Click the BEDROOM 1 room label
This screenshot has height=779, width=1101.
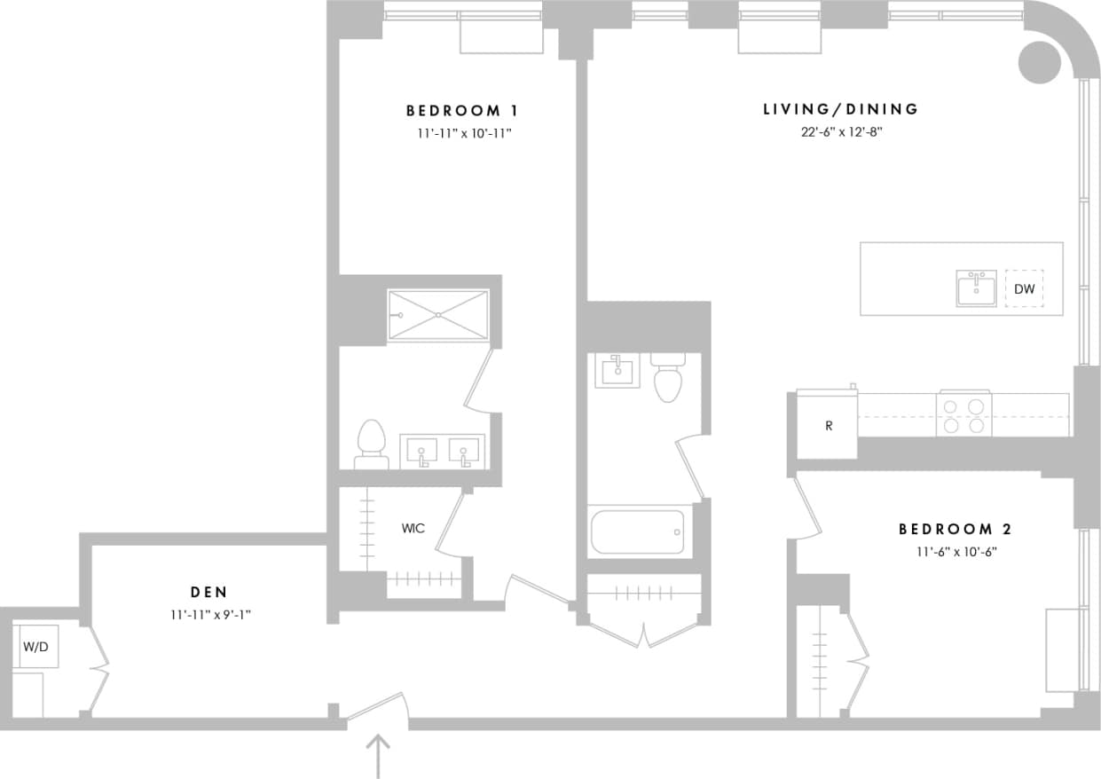tap(461, 111)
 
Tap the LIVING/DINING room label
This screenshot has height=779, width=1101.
tap(840, 109)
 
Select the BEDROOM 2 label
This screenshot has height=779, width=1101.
tap(955, 530)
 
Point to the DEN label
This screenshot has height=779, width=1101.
tap(208, 592)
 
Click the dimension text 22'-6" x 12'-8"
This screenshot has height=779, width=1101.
tap(840, 132)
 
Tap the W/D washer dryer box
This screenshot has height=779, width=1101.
tap(35, 647)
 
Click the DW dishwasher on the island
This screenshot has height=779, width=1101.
tap(1024, 289)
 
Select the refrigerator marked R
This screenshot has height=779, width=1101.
tap(828, 426)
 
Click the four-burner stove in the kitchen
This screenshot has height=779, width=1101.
tap(964, 414)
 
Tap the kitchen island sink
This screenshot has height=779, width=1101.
tap(976, 289)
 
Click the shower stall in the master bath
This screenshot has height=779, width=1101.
tap(438, 314)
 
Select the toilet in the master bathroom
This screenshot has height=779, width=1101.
tap(372, 444)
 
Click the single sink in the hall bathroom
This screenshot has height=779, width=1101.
tap(617, 370)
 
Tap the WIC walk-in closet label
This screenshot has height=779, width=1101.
tap(413, 529)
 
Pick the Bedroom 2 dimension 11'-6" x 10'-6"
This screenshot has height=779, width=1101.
tap(955, 552)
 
